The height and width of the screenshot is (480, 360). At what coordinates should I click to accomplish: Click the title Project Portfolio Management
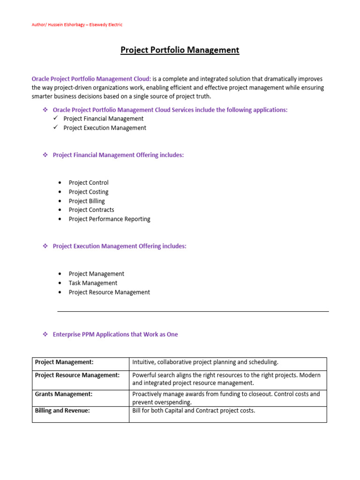pyautogui.click(x=180, y=50)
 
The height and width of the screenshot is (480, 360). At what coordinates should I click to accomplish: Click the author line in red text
pyautogui.click(x=77, y=25)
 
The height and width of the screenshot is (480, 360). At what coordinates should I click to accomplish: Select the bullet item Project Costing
pyautogui.click(x=89, y=192)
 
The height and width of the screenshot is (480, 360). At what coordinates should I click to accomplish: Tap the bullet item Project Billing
pyautogui.click(x=87, y=201)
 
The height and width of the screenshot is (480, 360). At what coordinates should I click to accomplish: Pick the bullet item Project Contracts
pyautogui.click(x=91, y=210)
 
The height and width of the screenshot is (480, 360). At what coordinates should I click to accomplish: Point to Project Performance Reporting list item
pyautogui.click(x=109, y=219)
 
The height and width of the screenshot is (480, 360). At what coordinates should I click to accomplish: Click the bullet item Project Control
pyautogui.click(x=89, y=183)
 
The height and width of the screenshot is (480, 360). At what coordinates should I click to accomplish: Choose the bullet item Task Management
pyautogui.click(x=93, y=283)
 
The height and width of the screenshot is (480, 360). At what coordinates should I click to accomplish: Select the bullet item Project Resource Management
pyautogui.click(x=109, y=292)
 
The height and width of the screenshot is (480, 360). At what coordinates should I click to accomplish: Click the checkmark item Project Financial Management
pyautogui.click(x=104, y=119)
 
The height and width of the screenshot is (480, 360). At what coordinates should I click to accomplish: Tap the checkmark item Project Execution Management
pyautogui.click(x=105, y=128)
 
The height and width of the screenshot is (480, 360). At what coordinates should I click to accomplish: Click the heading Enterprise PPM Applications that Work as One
pyautogui.click(x=115, y=335)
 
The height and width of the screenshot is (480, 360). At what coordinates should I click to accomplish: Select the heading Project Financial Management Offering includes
pyautogui.click(x=118, y=155)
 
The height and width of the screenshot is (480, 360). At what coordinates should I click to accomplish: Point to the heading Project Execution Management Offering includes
pyautogui.click(x=120, y=247)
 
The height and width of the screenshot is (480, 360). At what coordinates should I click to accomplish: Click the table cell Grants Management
pyautogui.click(x=64, y=394)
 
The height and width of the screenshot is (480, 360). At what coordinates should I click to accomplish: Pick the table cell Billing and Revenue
pyautogui.click(x=62, y=410)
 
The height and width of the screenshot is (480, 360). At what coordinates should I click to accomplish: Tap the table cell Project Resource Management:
pyautogui.click(x=77, y=375)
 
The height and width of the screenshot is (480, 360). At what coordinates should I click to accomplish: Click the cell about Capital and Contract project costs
pyautogui.click(x=194, y=411)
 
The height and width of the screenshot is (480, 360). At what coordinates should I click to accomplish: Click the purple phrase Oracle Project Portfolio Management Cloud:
pyautogui.click(x=91, y=79)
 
